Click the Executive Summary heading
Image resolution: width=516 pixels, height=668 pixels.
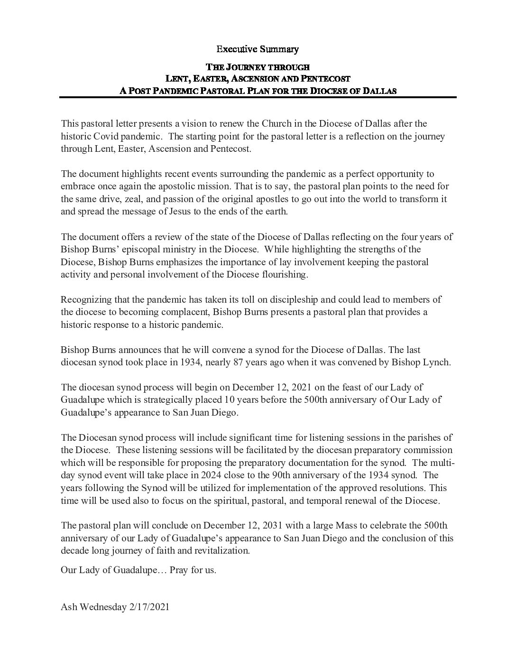click(x=258, y=49)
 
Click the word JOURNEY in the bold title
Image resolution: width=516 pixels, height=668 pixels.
click(x=247, y=67)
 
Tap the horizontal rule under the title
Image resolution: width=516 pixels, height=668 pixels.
click(x=258, y=97)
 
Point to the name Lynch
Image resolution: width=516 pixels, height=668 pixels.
click(x=437, y=362)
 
